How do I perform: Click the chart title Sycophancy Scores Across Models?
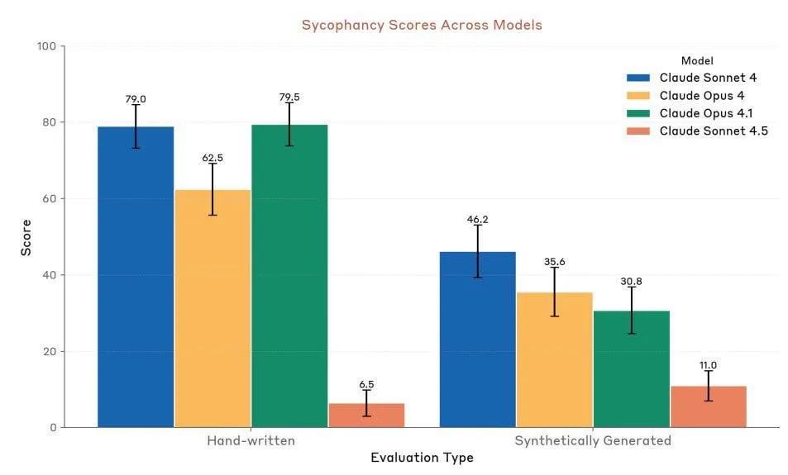click(422, 25)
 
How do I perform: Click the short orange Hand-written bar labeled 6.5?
click(366, 416)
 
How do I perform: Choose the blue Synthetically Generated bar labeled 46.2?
click(477, 340)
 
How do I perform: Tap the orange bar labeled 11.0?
click(709, 406)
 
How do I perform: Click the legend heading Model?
click(697, 60)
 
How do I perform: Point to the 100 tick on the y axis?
click(47, 46)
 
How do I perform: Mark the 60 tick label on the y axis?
click(50, 199)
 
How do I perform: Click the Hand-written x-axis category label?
click(251, 440)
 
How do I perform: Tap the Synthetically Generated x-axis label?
click(593, 440)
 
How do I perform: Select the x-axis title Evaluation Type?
click(422, 457)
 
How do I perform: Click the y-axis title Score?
click(26, 237)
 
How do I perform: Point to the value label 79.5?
click(289, 97)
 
